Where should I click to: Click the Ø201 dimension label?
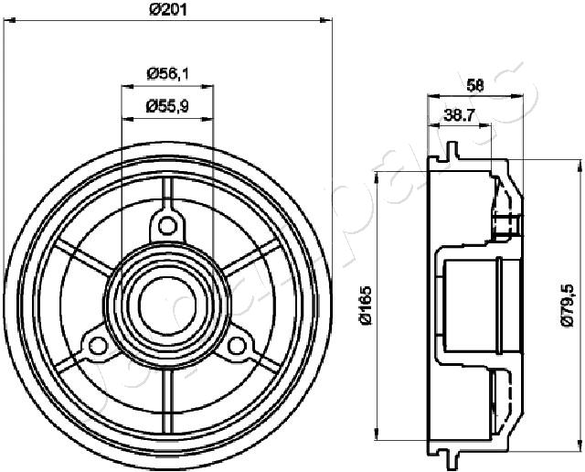point(168,10)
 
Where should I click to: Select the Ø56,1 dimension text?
point(168,73)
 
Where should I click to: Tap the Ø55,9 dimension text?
point(168,107)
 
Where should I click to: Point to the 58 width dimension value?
point(475,86)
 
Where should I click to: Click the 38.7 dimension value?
point(459,116)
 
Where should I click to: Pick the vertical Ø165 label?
point(367,306)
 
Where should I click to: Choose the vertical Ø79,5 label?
point(568,306)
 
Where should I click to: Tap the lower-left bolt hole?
point(98,346)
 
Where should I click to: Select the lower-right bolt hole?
point(236,346)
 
